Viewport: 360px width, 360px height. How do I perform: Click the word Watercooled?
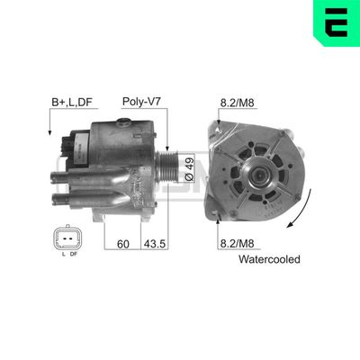(269, 259)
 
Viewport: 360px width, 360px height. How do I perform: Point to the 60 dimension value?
(124, 243)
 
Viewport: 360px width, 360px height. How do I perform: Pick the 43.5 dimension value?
(154, 243)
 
